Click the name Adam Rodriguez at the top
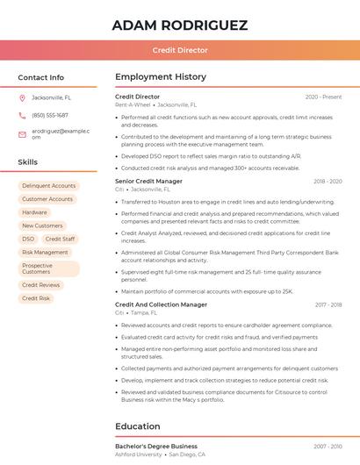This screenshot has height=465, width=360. tap(180, 25)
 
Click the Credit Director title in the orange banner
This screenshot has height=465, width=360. tap(180, 51)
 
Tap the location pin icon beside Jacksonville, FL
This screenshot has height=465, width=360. tap(22, 98)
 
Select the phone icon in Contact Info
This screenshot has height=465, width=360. tap(22, 116)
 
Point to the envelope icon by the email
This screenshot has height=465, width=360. tap(22, 133)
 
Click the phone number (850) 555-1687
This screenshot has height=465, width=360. tap(50, 116)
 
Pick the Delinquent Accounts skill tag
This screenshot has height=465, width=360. tap(48, 186)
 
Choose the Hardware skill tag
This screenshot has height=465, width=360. tap(35, 212)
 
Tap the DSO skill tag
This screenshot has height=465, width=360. tap(28, 239)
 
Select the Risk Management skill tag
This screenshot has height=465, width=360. tap(45, 252)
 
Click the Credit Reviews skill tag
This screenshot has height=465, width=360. tap(41, 285)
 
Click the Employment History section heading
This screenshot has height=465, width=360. tap(161, 77)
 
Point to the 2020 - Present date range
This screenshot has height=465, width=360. tap(323, 97)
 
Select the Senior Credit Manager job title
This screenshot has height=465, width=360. tap(149, 181)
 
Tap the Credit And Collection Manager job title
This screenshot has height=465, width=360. tap(162, 304)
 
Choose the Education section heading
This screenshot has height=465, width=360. tap(139, 427)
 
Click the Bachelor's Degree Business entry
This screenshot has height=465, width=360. tap(156, 447)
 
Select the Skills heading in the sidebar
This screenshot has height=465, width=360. tap(28, 162)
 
